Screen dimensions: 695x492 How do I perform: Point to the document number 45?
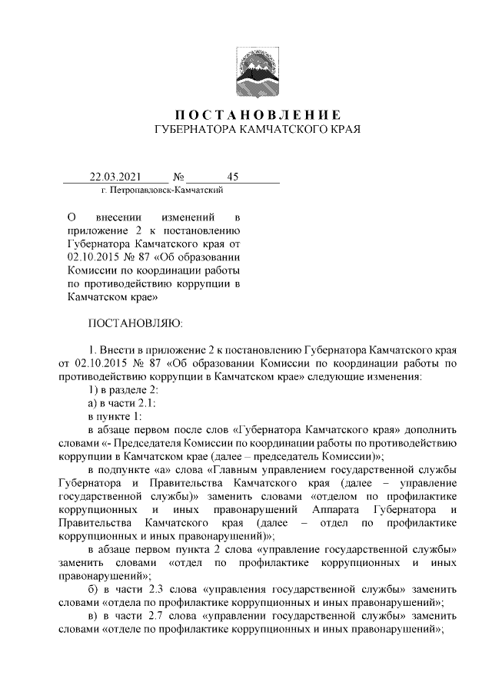(234, 177)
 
